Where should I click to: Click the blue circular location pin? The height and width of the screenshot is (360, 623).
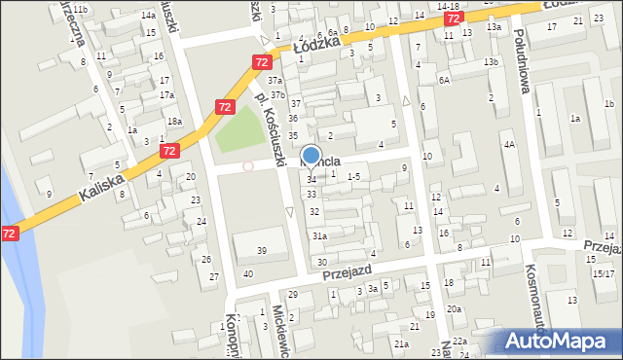click(311, 155)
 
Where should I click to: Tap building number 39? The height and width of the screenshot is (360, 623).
click(261, 251)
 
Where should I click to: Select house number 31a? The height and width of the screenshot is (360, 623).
click(318, 235)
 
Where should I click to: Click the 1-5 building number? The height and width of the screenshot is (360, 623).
click(353, 176)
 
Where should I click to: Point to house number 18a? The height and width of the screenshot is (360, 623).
click(173, 121)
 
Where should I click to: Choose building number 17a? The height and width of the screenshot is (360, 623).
click(166, 95)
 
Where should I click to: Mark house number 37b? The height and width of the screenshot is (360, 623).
click(278, 94)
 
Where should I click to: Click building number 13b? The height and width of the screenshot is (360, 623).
click(491, 62)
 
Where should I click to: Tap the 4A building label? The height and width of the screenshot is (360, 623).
click(508, 144)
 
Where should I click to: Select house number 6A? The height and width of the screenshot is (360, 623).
click(443, 81)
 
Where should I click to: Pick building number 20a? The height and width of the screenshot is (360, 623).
click(454, 308)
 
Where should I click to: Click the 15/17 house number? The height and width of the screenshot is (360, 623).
click(603, 273)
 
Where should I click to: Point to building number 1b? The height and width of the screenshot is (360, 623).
click(608, 104)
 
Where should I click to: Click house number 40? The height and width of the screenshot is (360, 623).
click(248, 273)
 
